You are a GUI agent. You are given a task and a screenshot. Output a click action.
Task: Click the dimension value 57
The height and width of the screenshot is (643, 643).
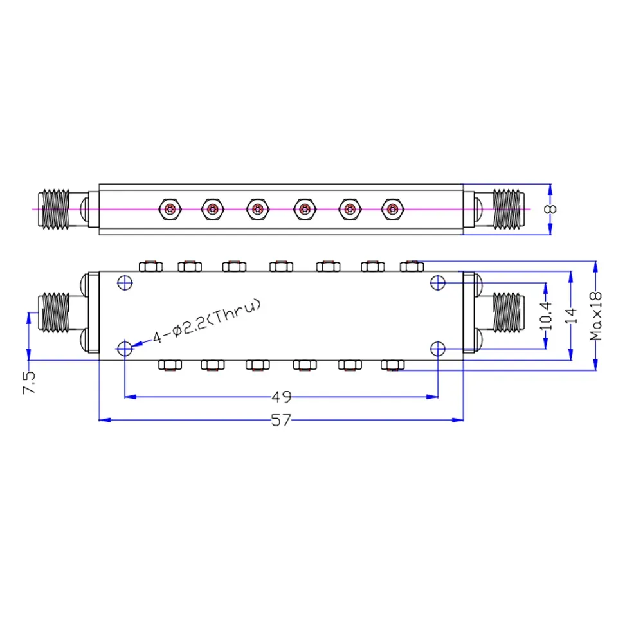[x=281, y=421]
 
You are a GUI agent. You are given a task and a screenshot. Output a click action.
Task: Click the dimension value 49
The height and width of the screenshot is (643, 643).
[x=281, y=397]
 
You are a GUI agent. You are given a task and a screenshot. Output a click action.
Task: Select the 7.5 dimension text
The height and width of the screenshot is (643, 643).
[x=29, y=382]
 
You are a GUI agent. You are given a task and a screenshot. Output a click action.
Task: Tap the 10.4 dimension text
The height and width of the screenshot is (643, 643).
[x=547, y=314]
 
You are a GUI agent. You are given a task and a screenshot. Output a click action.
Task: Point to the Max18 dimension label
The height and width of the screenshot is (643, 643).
[x=597, y=315]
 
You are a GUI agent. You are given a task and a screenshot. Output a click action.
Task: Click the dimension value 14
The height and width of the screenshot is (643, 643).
[x=572, y=315]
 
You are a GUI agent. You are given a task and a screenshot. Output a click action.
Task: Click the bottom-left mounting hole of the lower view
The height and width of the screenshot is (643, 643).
[x=125, y=349]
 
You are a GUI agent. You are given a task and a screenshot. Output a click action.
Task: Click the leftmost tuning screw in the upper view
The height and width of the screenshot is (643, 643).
[x=170, y=208]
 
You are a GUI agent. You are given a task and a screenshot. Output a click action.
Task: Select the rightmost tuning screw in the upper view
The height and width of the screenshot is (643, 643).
[x=391, y=208]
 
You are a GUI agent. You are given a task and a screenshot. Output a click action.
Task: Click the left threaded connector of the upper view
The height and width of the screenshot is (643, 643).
[x=55, y=208]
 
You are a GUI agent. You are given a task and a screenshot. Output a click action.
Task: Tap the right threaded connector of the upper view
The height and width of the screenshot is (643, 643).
[x=508, y=208]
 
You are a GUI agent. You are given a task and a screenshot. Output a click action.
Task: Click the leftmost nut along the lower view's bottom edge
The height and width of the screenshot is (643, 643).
[x=169, y=365]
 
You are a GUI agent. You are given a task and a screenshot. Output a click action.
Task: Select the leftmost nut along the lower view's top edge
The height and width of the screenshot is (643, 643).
[x=149, y=265]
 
